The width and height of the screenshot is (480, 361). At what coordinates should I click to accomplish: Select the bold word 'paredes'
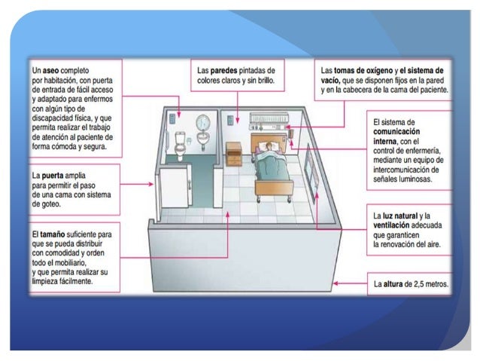(226, 70)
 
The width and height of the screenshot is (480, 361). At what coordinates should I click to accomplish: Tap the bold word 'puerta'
(59, 175)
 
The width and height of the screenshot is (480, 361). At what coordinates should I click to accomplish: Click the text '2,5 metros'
(433, 285)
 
